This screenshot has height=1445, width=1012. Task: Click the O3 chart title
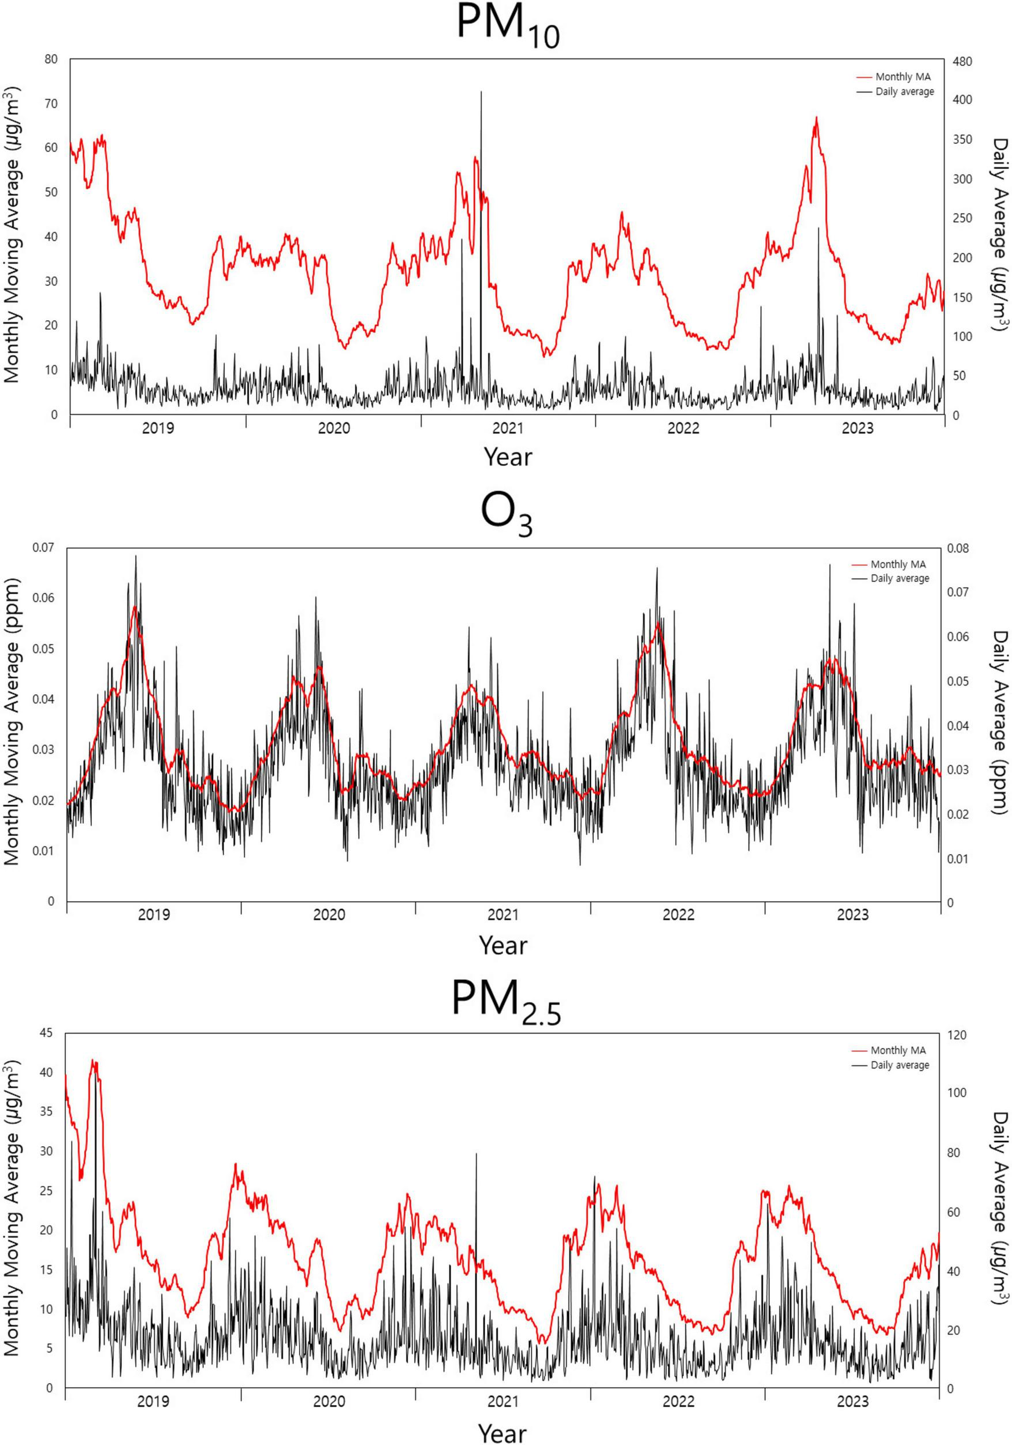(507, 514)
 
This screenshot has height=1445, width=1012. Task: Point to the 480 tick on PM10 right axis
(962, 62)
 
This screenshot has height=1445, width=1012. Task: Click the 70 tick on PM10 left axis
(50, 103)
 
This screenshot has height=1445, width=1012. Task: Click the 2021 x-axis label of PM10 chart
(508, 429)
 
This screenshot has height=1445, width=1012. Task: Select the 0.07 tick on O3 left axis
(44, 547)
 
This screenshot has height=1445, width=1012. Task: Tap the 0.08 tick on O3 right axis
(958, 548)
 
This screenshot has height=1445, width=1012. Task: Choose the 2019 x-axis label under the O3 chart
(154, 914)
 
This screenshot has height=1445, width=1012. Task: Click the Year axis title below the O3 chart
(503, 945)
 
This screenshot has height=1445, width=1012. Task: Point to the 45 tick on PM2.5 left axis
(47, 1033)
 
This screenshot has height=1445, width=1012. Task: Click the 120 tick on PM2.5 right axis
(957, 1035)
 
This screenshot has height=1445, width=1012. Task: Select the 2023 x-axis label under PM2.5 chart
(852, 1402)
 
